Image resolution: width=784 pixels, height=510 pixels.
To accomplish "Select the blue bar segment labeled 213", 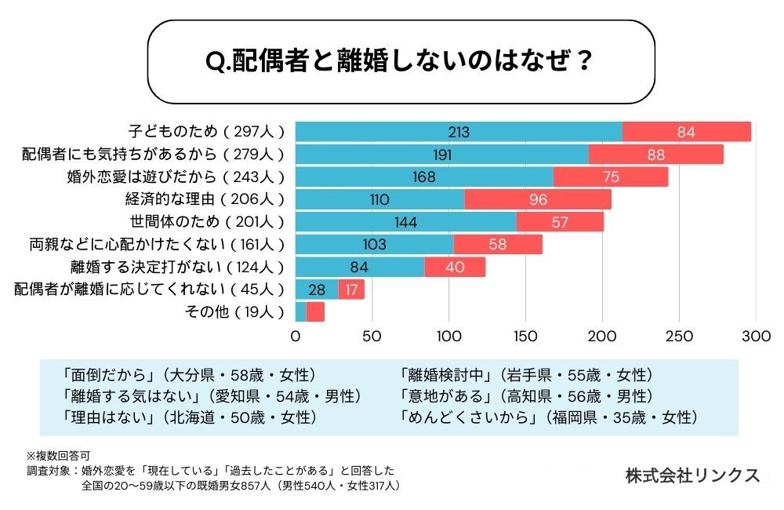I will pos(459,132).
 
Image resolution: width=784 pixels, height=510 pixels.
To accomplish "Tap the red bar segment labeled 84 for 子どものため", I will pos(686,132).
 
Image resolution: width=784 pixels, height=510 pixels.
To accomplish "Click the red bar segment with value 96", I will pos(538,199).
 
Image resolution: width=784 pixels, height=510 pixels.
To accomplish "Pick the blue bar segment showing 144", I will pos(405,222).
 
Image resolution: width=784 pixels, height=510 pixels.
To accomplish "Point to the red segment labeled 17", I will pos(351,290).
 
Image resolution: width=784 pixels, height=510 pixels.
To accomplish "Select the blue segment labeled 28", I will pos(317,290).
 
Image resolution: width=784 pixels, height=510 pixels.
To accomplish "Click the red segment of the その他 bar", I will pos(315,312).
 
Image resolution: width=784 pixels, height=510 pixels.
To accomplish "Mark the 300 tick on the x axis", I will pos(756,337).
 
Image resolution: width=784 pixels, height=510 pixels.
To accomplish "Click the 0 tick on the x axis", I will pos(296,337).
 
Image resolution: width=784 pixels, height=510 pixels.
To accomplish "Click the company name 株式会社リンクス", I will pos(692,475).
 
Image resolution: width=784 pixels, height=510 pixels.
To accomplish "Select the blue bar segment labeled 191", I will pos(442,155).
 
